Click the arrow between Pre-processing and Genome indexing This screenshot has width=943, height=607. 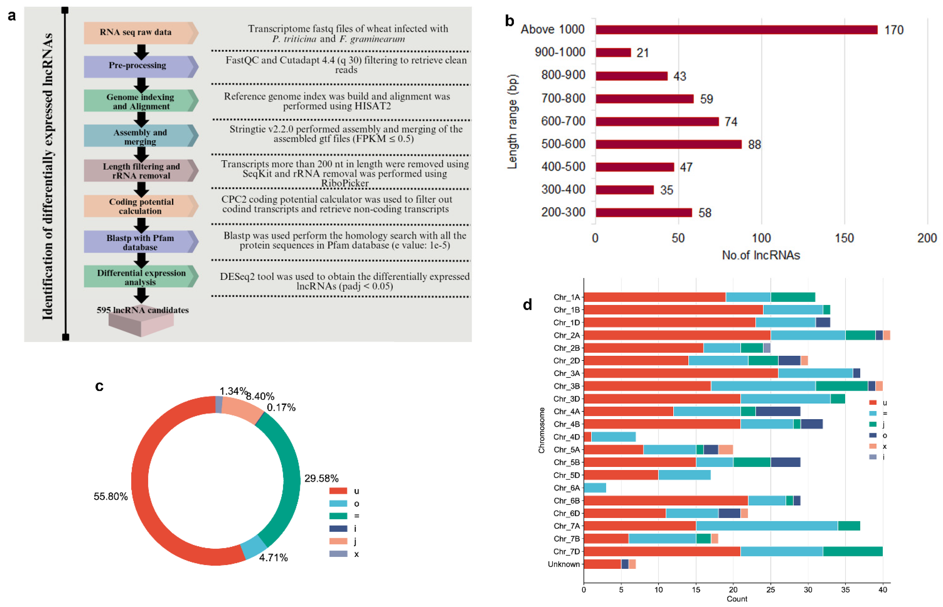click(141, 84)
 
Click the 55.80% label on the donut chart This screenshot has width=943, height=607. click(111, 496)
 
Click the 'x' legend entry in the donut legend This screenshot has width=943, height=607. click(356, 554)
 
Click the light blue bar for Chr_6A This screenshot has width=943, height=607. click(594, 488)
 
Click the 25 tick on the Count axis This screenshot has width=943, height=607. click(770, 590)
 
